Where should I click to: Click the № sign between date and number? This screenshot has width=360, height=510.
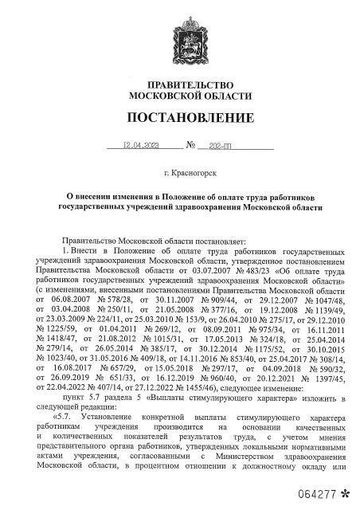point(190,146)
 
